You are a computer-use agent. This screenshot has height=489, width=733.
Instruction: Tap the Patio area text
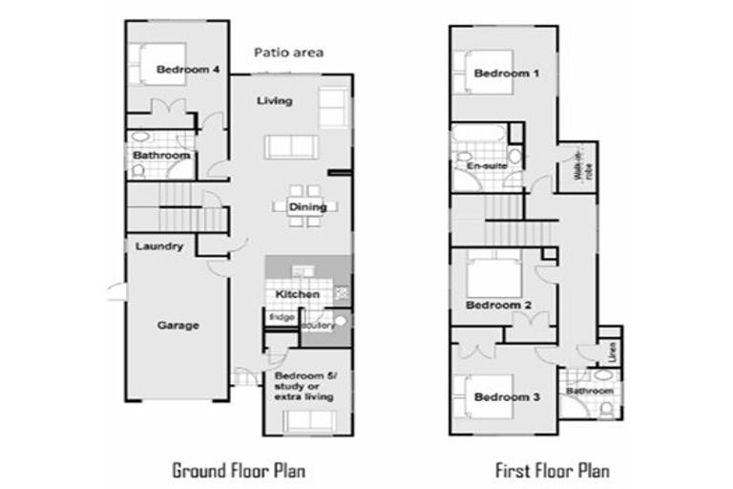coord(288,53)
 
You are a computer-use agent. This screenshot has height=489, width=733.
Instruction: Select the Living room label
coord(275,101)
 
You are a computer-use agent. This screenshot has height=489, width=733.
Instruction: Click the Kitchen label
coord(298,293)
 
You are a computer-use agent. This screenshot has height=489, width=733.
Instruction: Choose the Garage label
coord(178,326)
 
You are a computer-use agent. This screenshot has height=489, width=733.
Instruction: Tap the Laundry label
coord(158,246)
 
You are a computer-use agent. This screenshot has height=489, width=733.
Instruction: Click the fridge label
coord(282,317)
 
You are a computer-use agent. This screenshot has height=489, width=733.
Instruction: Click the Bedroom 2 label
coord(498,306)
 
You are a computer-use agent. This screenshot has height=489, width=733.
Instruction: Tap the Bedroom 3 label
coord(501,396)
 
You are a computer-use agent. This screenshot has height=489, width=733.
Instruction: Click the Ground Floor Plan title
coord(239,470)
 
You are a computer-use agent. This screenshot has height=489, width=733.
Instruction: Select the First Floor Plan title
coord(552,470)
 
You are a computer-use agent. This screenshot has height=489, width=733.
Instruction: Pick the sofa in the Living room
coord(291,146)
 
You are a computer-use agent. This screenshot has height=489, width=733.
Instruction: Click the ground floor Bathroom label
coord(160,155)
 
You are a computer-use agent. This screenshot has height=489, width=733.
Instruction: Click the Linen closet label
coord(612,351)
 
